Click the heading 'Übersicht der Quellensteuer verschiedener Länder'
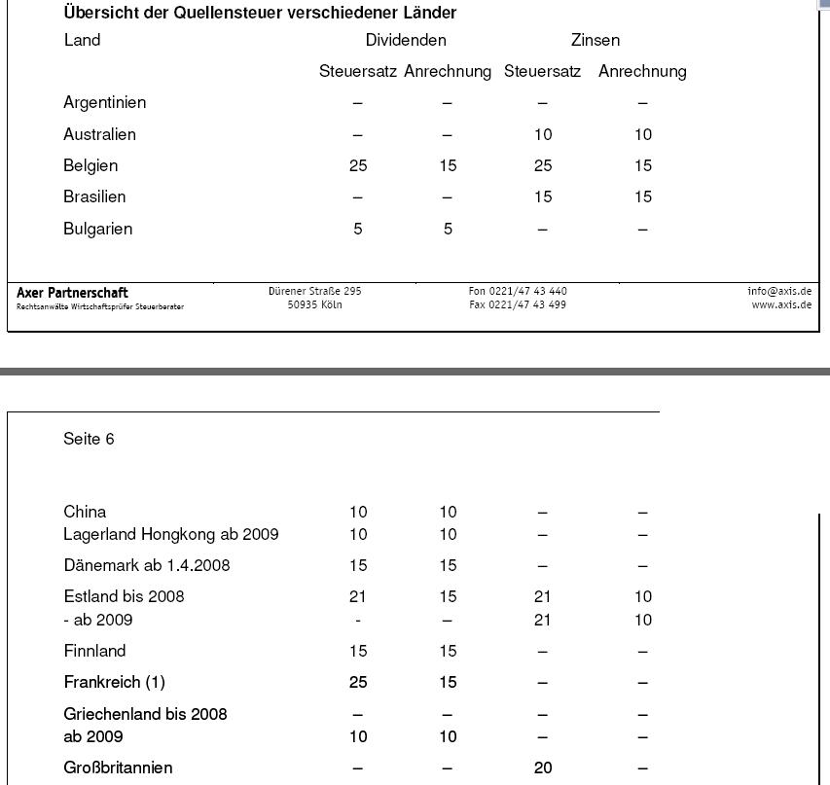260,14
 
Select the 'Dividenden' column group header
406,40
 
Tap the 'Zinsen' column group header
595,40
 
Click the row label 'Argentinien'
105,102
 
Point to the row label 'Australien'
99,134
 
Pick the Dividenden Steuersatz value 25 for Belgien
358,165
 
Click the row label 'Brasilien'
94,196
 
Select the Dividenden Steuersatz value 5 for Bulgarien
358,229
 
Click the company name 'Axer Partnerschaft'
72,293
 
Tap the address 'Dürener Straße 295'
315,291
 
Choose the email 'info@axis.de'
779,291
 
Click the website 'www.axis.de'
781,304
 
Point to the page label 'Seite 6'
89,439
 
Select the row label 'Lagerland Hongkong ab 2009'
171,534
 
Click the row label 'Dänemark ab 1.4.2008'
147,565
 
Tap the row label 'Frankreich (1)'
114,682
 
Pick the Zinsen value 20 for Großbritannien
543,767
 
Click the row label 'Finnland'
94,651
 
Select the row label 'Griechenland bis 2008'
145,714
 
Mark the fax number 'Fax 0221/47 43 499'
518,304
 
